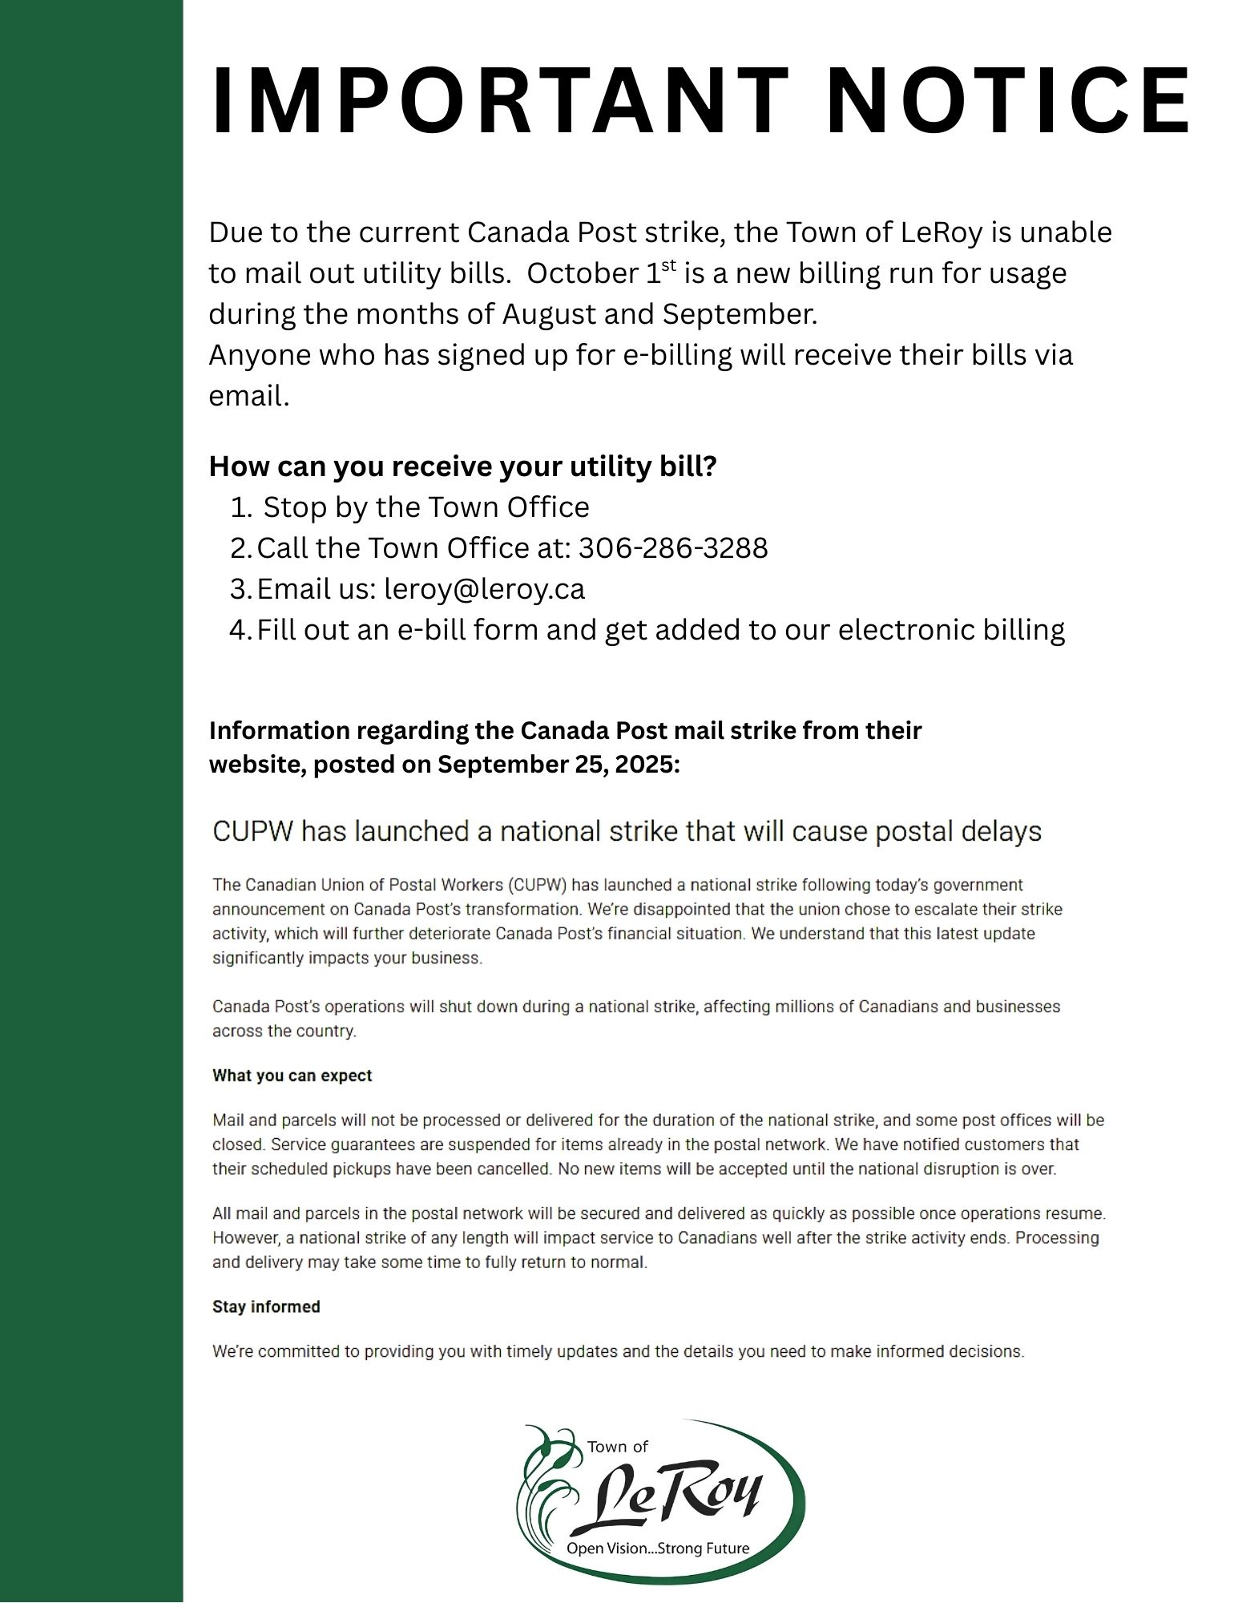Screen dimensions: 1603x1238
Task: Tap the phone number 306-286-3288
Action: [x=673, y=548]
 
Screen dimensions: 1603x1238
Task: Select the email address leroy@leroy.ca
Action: [x=485, y=589]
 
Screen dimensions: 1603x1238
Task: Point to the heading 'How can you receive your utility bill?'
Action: [x=462, y=466]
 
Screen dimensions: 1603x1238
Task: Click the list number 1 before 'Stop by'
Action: [x=240, y=507]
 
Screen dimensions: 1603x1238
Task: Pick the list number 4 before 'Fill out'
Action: [x=240, y=630]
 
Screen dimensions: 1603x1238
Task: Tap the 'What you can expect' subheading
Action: [x=292, y=1076]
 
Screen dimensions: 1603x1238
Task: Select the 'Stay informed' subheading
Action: [x=266, y=1306]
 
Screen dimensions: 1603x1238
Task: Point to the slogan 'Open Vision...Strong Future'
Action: [x=658, y=1548]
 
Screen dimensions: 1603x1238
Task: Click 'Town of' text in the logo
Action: [x=618, y=1447]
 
